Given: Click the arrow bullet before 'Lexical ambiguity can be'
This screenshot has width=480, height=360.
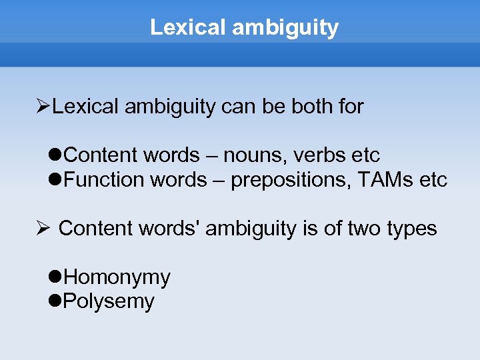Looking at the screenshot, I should coord(43,106).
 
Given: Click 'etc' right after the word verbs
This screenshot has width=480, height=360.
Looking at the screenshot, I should coord(365,155).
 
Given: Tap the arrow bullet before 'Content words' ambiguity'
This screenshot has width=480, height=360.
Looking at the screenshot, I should coord(43,229).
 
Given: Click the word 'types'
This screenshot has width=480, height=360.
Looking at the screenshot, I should coord(411,229).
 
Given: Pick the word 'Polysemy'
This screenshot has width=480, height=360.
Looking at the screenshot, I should coord(109,301).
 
